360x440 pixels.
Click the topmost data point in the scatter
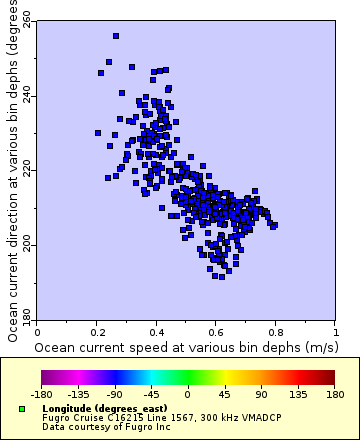point(116,36)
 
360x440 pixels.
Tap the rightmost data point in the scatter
point(274,225)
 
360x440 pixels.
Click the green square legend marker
point(23,409)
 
